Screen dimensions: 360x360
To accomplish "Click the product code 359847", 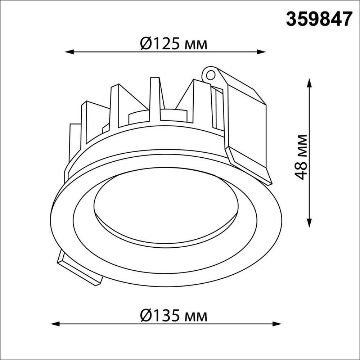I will (318, 19).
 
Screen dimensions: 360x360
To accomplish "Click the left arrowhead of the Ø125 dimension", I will (69, 52).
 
